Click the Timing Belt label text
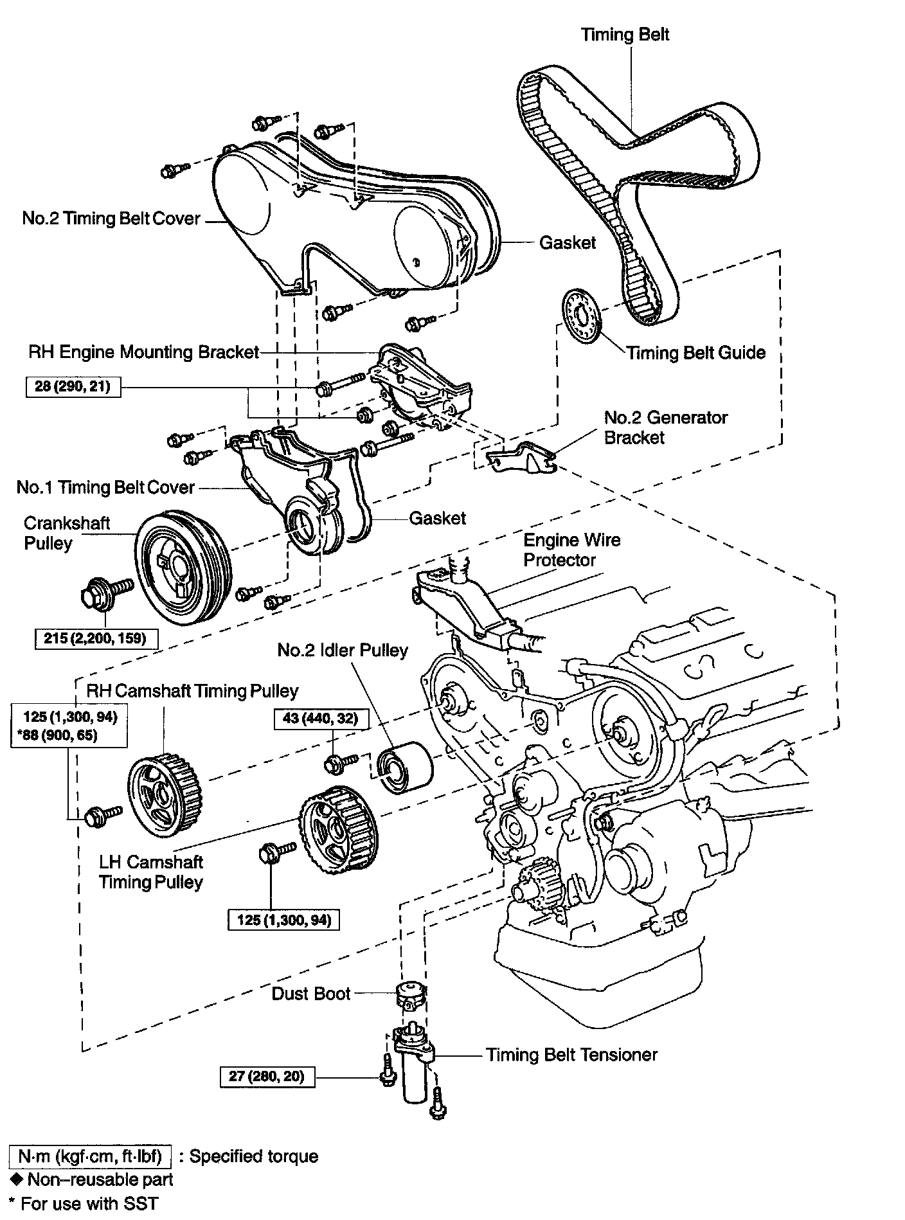tap(625, 34)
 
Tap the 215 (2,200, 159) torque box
tap(95, 638)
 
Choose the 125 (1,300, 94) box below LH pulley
tap(283, 920)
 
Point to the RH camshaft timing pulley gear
tap(166, 796)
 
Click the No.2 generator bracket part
tap(521, 457)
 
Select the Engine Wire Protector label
tap(571, 550)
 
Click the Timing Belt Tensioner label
tap(571, 1055)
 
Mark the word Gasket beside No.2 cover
tap(568, 243)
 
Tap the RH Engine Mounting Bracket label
tap(143, 352)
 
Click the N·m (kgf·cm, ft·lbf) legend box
tap(90, 1156)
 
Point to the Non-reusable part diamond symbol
tap(17, 1179)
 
